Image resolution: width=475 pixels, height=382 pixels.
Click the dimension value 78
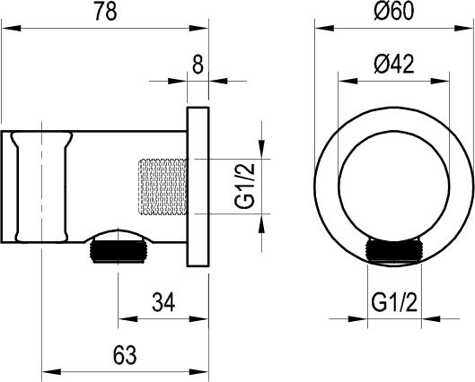[106, 13]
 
